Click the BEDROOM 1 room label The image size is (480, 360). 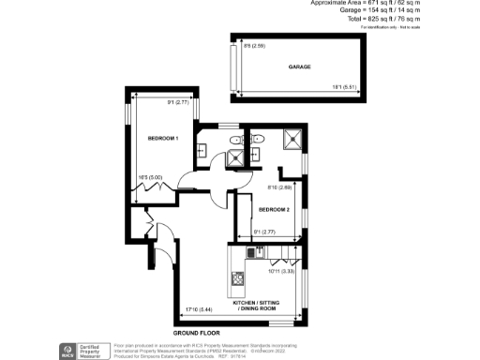tap(163, 139)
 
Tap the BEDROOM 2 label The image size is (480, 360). tap(274, 210)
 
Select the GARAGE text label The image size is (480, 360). tap(300, 67)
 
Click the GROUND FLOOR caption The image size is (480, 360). tap(196, 334)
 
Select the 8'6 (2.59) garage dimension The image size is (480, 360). tap(254, 46)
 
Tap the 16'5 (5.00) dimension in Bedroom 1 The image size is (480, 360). tap(151, 175)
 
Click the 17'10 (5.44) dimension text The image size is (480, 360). tap(199, 308)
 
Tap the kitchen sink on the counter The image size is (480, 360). tap(250, 252)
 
